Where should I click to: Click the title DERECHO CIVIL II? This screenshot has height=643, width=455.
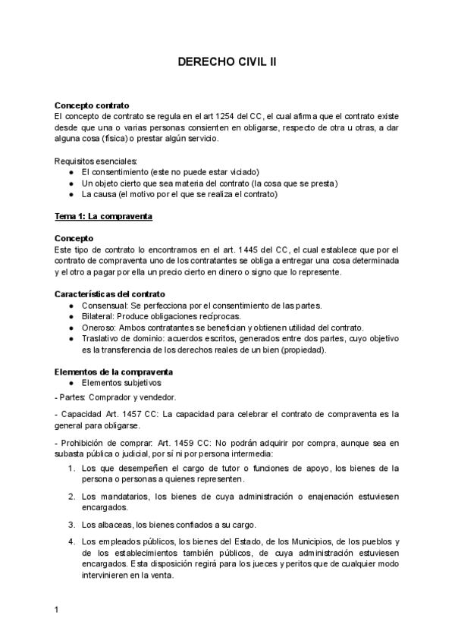pos(227,66)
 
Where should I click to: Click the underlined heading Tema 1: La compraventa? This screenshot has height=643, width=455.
pos(104,216)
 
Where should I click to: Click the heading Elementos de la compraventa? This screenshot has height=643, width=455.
pos(114,372)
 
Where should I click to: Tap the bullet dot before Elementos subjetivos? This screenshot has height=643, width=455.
pos(71,383)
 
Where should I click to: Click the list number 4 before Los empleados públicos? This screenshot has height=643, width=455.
pos(71,542)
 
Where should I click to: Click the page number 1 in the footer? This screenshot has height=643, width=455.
pos(57,610)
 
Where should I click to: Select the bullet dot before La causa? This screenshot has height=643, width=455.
pos(71,194)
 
